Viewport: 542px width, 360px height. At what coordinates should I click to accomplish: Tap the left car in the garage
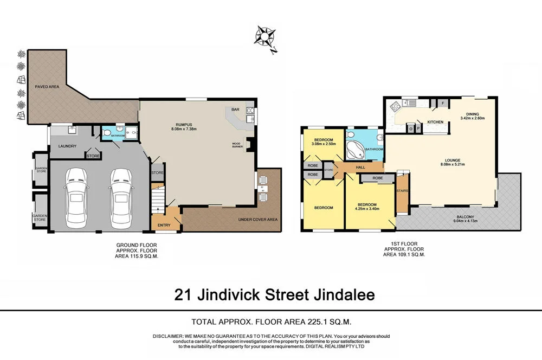pos(76,198)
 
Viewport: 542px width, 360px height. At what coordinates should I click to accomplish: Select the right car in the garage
pos(121,198)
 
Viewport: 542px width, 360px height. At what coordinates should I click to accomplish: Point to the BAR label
pos(235,110)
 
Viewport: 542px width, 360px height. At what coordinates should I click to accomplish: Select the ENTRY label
pos(164,225)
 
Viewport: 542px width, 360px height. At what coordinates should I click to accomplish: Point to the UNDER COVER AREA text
pos(257,220)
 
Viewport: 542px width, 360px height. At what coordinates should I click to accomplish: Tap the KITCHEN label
pos(435,122)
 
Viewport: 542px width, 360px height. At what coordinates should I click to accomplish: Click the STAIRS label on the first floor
pos(402,191)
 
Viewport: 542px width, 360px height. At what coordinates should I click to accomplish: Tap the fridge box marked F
pos(442,102)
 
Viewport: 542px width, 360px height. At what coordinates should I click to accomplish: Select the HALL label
pos(360,168)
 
